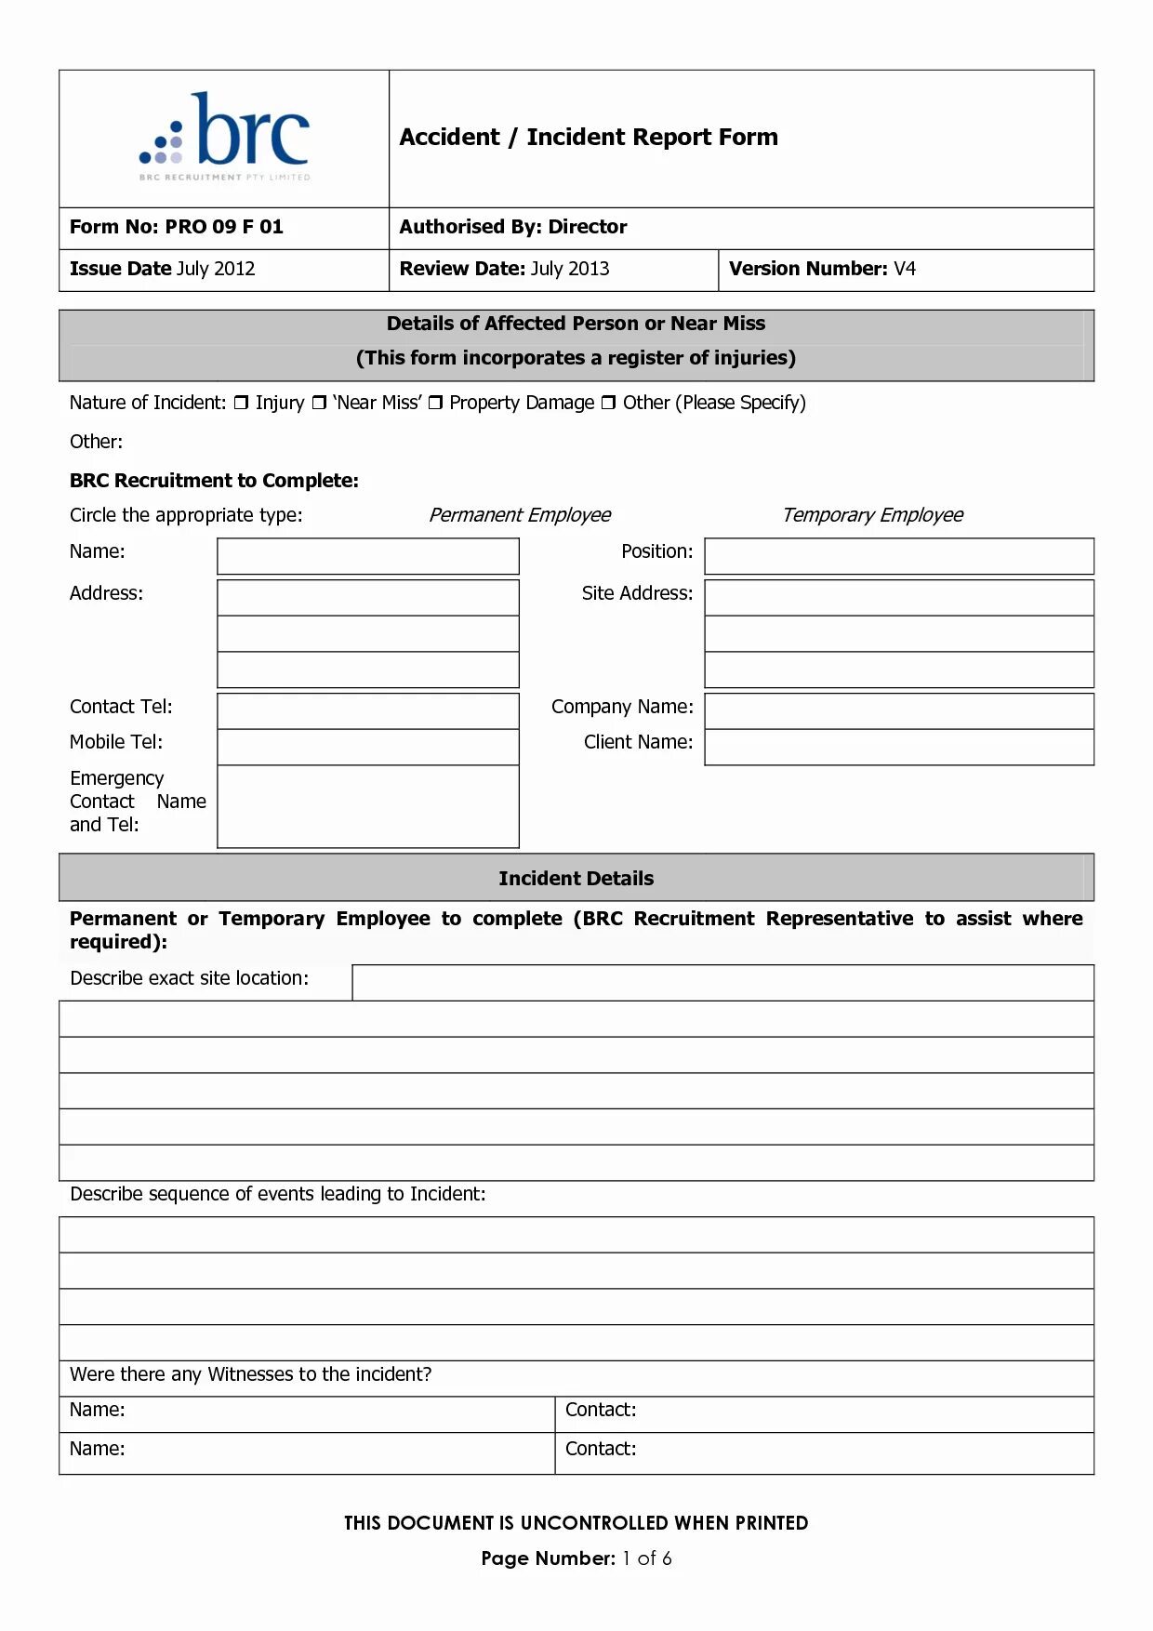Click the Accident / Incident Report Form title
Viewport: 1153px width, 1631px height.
point(588,138)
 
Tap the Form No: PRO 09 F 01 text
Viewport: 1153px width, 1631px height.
point(176,227)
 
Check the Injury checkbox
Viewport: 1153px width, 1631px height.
point(241,403)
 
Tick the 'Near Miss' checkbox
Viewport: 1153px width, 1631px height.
point(319,403)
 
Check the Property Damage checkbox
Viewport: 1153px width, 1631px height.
point(435,403)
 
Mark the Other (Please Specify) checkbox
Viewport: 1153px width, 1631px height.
point(608,403)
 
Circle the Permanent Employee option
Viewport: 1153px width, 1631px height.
point(519,515)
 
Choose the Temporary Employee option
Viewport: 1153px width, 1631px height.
point(871,515)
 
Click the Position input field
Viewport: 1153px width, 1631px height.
point(898,556)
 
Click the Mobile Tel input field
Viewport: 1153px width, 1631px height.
point(367,747)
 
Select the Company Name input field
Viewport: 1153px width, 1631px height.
point(898,711)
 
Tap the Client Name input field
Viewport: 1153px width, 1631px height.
point(898,747)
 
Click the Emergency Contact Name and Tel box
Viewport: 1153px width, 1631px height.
point(367,806)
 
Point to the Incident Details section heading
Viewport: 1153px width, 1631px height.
point(576,879)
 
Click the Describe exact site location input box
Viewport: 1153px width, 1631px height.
point(722,983)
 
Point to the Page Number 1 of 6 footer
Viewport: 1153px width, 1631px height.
point(576,1558)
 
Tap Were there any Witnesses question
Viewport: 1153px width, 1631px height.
point(250,1374)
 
